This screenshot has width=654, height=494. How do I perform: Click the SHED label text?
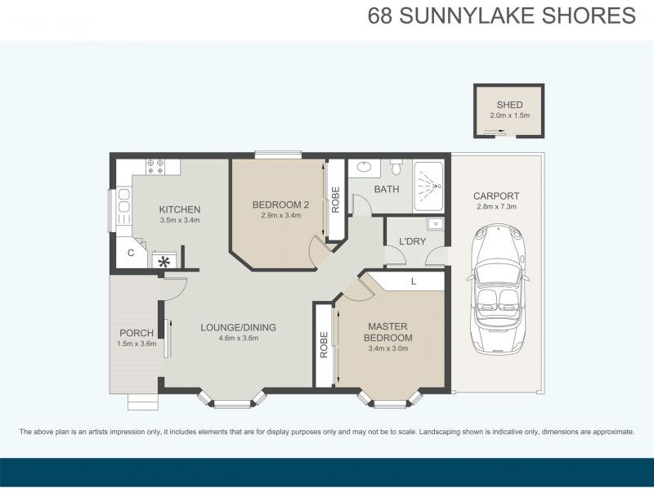pyautogui.click(x=509, y=105)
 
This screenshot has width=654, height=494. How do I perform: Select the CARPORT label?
pyautogui.click(x=496, y=196)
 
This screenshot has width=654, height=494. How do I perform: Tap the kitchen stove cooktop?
pyautogui.click(x=162, y=166)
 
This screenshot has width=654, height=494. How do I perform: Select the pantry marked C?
pyautogui.click(x=130, y=253)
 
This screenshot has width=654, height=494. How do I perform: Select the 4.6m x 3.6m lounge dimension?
pyautogui.click(x=239, y=338)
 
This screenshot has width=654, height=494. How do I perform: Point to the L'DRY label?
pyautogui.click(x=410, y=241)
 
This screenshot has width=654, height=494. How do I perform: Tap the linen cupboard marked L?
pyautogui.click(x=414, y=281)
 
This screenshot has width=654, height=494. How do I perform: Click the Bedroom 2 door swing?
pyautogui.click(x=316, y=250)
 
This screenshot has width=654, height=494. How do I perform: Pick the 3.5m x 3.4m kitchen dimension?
pyautogui.click(x=180, y=220)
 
